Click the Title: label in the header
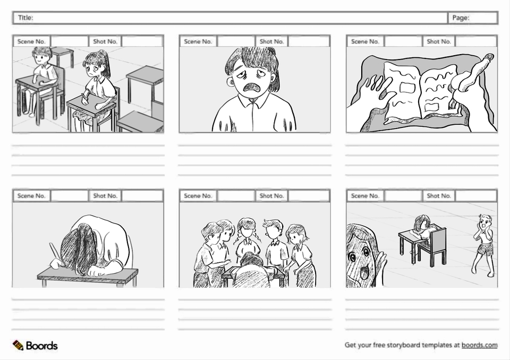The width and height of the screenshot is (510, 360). click(x=25, y=18)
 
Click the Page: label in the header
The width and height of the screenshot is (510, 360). click(x=461, y=18)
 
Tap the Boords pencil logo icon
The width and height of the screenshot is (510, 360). click(x=18, y=345)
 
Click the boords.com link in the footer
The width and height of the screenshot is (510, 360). click(x=479, y=345)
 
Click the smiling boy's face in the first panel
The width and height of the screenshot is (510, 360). click(x=42, y=59)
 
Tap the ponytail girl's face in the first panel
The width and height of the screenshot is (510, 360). click(x=93, y=69)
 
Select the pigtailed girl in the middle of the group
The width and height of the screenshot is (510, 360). click(x=248, y=235)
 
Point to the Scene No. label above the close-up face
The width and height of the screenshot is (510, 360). click(x=198, y=41)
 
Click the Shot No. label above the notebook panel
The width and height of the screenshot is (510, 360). click(x=438, y=41)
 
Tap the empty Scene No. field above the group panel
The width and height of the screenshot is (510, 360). click(x=236, y=196)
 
